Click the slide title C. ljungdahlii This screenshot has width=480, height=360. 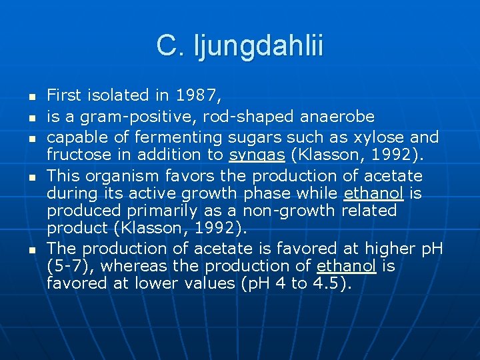click(240, 46)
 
